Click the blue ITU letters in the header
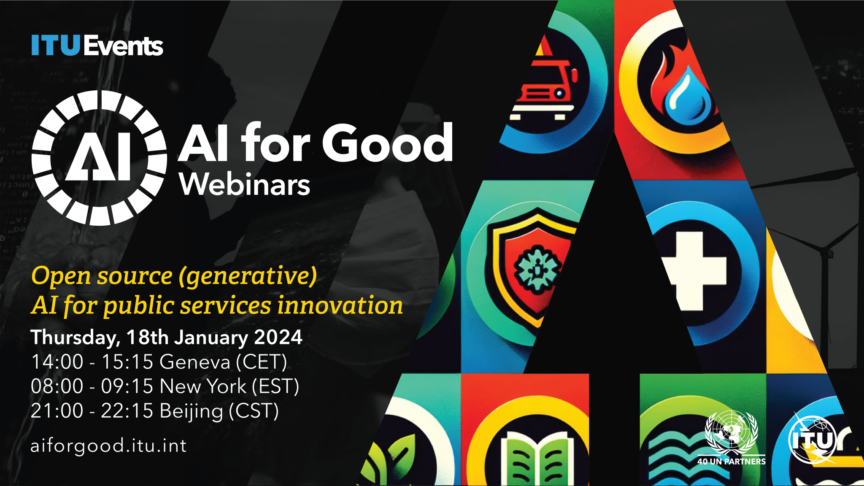click(x=55, y=45)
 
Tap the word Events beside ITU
click(x=124, y=46)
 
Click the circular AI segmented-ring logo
click(x=99, y=158)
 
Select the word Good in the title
click(x=387, y=143)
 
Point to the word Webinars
click(x=245, y=185)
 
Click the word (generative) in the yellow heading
click(x=248, y=276)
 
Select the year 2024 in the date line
click(x=278, y=337)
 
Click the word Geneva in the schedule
click(x=195, y=362)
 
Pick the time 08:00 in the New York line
click(x=57, y=386)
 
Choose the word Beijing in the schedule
click(x=191, y=411)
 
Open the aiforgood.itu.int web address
click(x=108, y=446)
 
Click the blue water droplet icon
click(x=687, y=96)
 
